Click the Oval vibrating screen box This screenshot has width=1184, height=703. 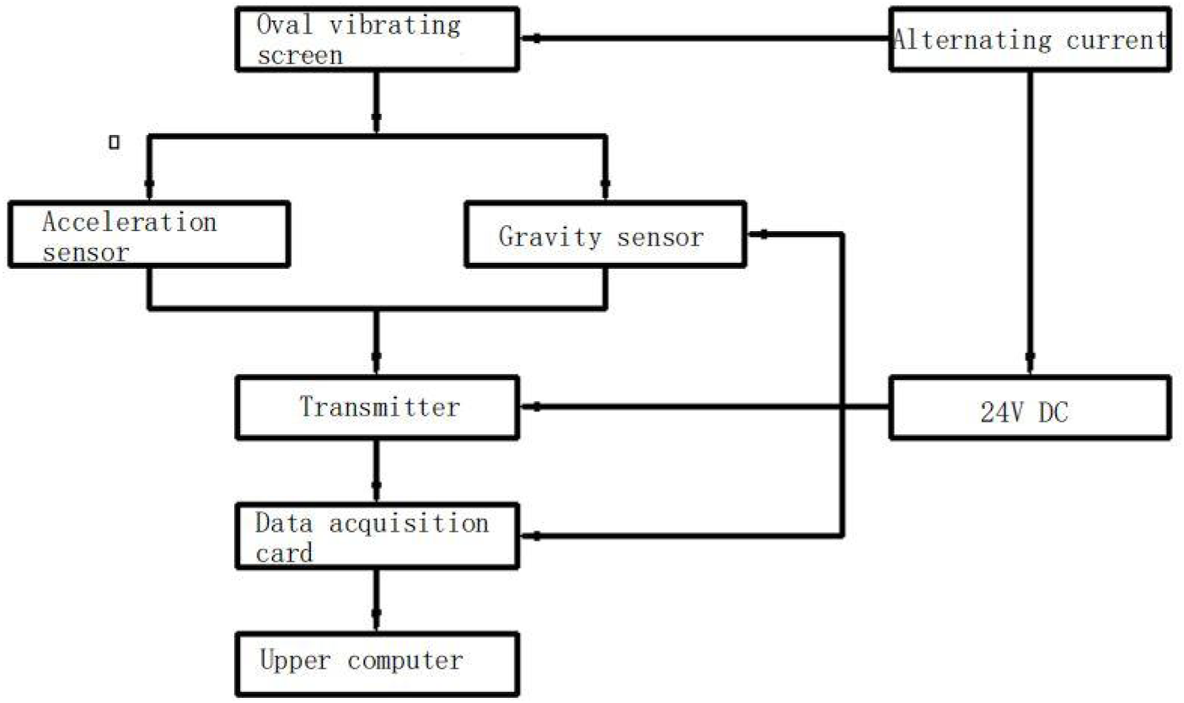point(377,39)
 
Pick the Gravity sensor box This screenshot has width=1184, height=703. point(604,236)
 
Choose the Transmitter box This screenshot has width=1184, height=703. point(377,408)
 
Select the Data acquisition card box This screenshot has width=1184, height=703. point(377,537)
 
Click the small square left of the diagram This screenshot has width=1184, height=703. point(115,142)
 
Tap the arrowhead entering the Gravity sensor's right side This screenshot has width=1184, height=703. point(763,235)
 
